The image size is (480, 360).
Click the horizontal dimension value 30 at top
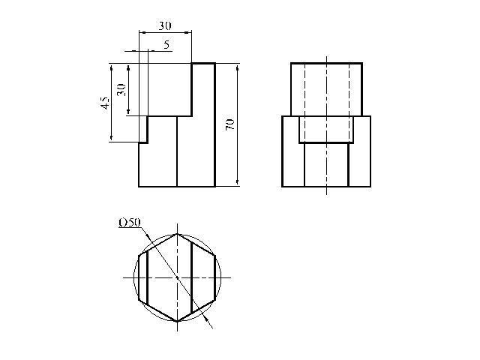(165, 25)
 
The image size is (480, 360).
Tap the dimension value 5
(166, 45)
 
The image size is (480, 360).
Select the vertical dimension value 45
(105, 103)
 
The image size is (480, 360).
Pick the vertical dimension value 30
(121, 89)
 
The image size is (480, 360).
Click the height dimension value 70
(229, 124)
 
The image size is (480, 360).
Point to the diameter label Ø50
(130, 223)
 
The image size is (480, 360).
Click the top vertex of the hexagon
(177, 234)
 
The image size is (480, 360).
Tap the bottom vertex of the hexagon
(177, 322)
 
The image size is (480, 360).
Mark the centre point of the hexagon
(177, 277)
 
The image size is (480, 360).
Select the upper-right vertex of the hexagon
(215, 256)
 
